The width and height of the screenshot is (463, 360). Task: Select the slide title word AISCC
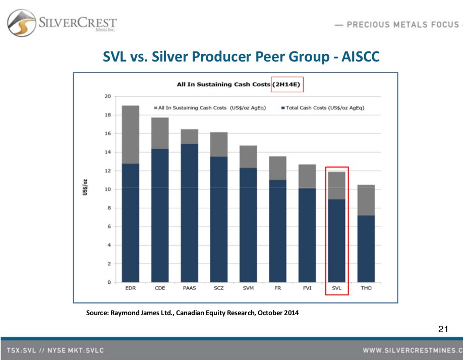(361, 56)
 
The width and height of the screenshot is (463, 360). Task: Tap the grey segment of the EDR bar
(131, 134)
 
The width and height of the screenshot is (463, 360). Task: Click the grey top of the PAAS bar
(189, 136)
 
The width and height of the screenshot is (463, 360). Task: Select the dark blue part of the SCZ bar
(218, 219)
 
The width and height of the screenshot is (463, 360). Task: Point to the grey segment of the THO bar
(366, 200)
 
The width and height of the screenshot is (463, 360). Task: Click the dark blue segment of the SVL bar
(336, 241)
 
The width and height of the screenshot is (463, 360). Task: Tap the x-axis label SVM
(248, 289)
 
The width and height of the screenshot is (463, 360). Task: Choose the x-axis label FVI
(307, 289)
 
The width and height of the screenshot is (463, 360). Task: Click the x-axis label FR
(277, 289)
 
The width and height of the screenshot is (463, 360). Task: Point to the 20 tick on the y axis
(107, 96)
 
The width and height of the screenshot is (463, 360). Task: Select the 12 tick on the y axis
(107, 171)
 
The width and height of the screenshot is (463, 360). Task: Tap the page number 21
(443, 330)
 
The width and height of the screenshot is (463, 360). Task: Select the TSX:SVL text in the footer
(23, 350)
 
